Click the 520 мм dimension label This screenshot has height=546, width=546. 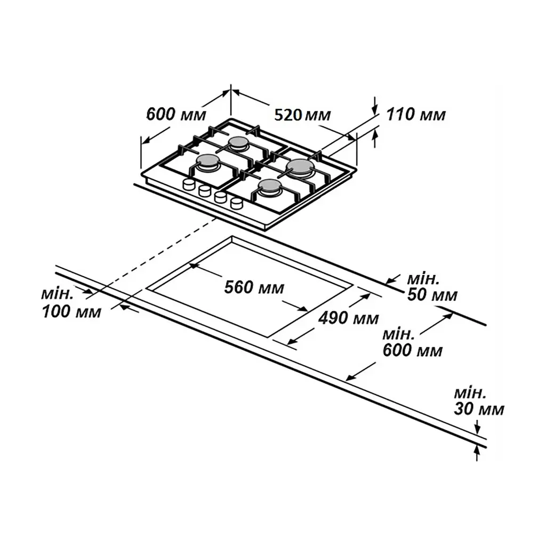coord(302,115)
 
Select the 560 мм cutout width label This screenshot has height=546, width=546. coord(254,287)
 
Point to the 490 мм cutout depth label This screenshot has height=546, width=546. coord(349,317)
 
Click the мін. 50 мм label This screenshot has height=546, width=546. coord(432,287)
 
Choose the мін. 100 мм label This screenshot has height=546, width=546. coord(71,303)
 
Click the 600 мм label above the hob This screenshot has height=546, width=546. coord(176,114)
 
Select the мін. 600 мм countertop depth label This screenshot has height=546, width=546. coord(412,342)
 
